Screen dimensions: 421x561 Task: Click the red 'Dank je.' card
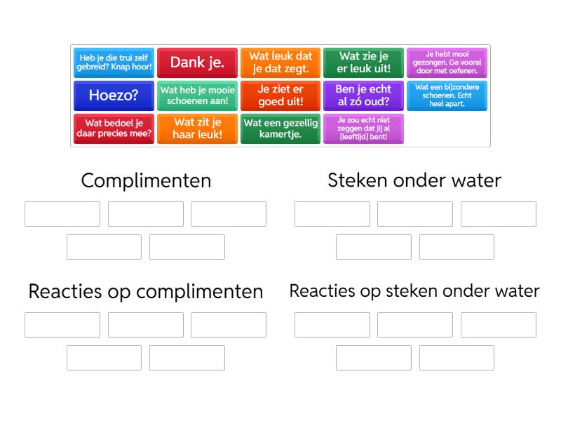197,62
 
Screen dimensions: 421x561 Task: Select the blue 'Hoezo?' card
114,95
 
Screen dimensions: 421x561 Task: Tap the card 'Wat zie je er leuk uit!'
363,62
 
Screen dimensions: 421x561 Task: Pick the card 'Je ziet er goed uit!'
280,95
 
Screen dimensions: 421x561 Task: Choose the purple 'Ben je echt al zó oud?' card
363,95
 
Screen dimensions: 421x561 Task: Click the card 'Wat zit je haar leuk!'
197,128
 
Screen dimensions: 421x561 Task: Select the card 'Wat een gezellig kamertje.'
280,128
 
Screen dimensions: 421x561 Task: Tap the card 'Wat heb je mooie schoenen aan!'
197,95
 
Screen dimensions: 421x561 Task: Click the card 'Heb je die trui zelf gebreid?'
114,62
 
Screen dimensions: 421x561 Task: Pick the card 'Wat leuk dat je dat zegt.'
280,62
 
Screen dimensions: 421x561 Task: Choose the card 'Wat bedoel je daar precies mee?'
114,128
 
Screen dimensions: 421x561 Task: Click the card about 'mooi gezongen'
447,62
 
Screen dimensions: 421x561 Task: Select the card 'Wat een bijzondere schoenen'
447,95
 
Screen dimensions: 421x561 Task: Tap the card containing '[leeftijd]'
363,128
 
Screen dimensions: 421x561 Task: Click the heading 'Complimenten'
146,180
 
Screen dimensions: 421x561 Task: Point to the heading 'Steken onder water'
414,180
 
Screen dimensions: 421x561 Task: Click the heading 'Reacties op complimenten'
146,291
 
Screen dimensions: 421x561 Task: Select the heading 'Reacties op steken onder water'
414,291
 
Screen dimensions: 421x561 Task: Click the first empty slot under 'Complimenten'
62,214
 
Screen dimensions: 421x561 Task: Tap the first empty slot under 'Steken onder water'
332,214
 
